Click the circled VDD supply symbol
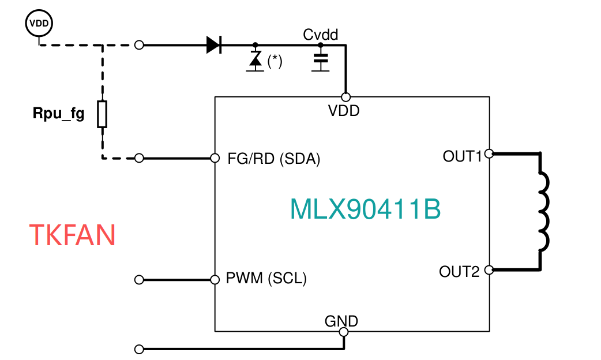point(39,23)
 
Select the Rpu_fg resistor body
point(102,114)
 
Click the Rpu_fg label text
point(58,114)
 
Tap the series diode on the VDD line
point(214,44)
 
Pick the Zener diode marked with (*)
point(255,60)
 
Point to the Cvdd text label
point(321,35)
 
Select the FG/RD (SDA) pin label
point(274,159)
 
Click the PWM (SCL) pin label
point(266,279)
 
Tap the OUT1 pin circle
point(489,154)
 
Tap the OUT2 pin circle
point(489,269)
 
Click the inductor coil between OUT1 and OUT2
point(543,211)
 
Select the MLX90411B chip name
point(365,210)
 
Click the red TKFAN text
point(72,235)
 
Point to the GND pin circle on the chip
point(344,332)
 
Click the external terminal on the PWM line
point(138,280)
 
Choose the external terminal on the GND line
point(138,350)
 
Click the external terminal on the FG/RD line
point(138,158)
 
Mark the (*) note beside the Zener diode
point(275,61)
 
